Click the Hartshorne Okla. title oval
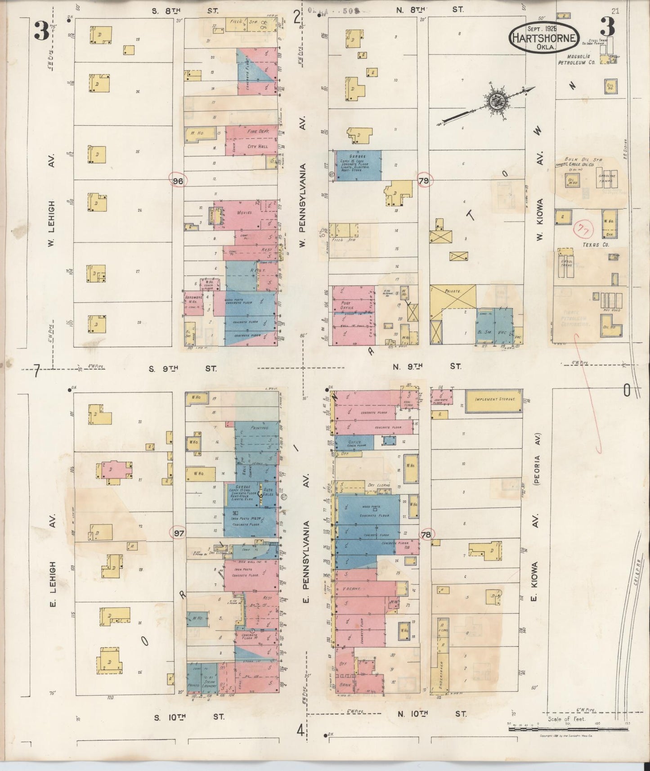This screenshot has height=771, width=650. pos(543,37)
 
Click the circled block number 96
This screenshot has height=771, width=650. pos(178,181)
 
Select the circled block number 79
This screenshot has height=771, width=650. pos(424,181)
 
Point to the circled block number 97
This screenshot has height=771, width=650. pos(179,533)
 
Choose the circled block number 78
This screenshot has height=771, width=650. pos(426,535)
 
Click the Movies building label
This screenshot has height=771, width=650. pos(243,212)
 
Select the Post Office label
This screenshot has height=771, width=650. pos(346,305)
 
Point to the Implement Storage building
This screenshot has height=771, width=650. pos(493,399)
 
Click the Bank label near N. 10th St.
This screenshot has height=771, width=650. pos(345,685)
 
